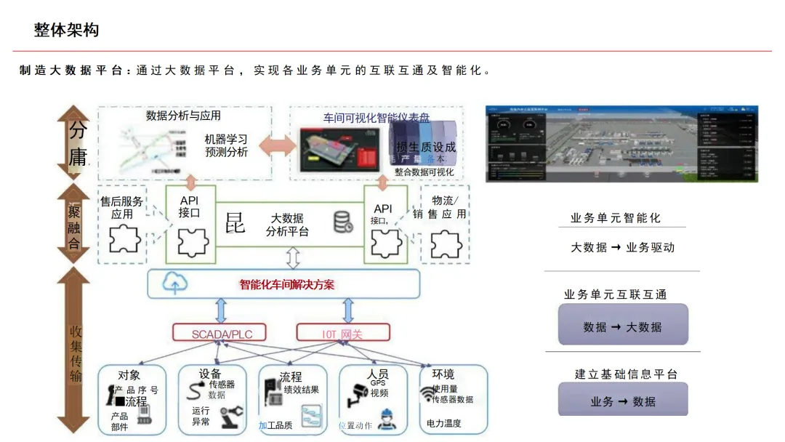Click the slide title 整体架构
pyautogui.click(x=66, y=31)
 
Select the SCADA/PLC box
pyautogui.click(x=222, y=334)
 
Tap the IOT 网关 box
pyautogui.click(x=343, y=334)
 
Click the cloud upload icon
pyautogui.click(x=174, y=284)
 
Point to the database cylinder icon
pyautogui.click(x=343, y=222)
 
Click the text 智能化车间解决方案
pyautogui.click(x=287, y=284)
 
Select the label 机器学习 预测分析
pyautogui.click(x=226, y=145)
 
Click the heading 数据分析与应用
pyautogui.click(x=183, y=116)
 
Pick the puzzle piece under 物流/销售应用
pyautogui.click(x=446, y=244)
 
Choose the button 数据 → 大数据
pyautogui.click(x=623, y=326)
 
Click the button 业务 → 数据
pyautogui.click(x=623, y=401)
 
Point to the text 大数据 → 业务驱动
pyautogui.click(x=623, y=247)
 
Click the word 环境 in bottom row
pyautogui.click(x=443, y=374)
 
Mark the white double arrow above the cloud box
pyautogui.click(x=293, y=257)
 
